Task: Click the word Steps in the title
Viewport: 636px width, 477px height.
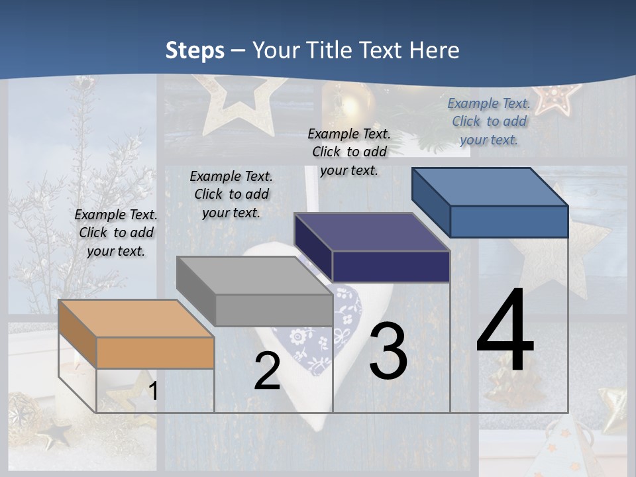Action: (194, 51)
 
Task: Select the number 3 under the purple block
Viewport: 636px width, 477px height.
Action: (388, 351)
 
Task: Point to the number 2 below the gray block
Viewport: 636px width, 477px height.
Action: (267, 372)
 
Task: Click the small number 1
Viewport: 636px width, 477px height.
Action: (153, 391)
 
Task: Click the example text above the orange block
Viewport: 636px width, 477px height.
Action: (116, 233)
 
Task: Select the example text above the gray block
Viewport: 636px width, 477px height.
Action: (231, 194)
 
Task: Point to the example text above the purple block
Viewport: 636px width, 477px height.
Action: (349, 152)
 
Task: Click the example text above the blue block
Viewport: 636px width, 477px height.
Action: (489, 121)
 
